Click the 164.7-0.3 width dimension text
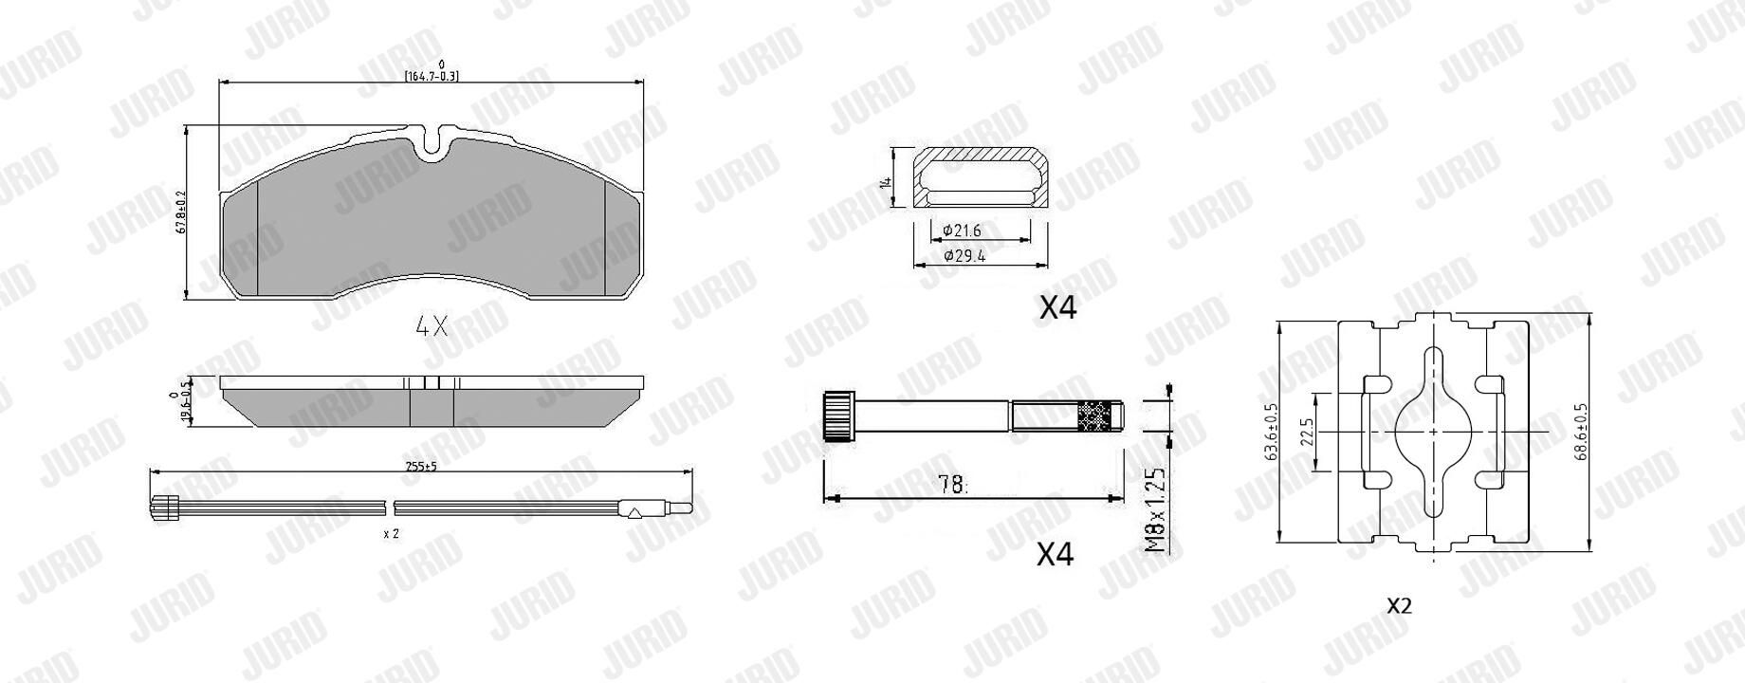coord(432,76)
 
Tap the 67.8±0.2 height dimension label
coord(180,215)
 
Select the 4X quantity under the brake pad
coord(432,327)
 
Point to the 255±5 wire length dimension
coord(420,466)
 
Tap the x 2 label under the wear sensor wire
coord(391,534)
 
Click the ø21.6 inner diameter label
coord(962,231)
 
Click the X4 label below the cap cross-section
coord(1057,307)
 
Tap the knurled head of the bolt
coord(836,415)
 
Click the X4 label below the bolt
coord(1055,554)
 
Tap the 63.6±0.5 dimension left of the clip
coord(1271,432)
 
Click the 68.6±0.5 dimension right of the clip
coord(1582,432)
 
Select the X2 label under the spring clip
coord(1400,606)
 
